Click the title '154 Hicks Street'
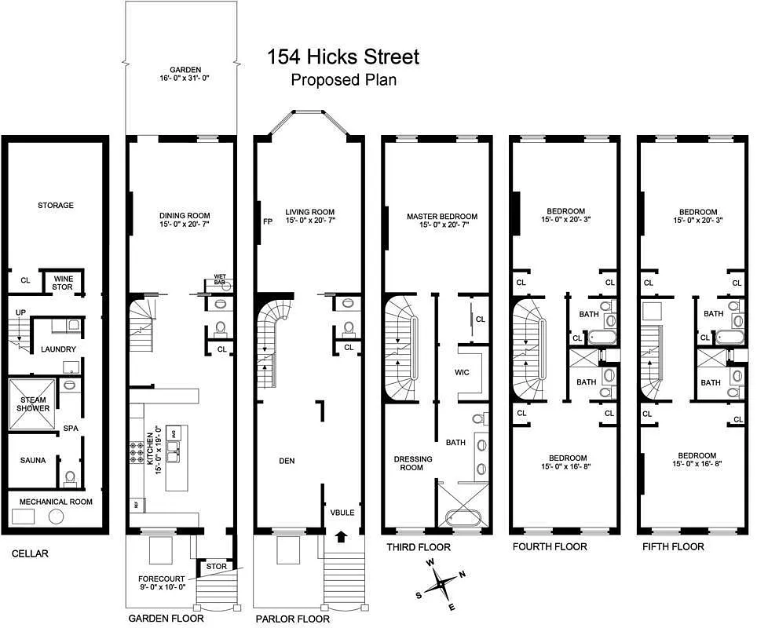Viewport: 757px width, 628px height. (343, 57)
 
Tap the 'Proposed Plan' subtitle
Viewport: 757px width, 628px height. (343, 79)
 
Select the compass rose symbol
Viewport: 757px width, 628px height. (443, 583)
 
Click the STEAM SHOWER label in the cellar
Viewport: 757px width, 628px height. (34, 403)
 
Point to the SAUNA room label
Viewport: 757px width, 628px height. (33, 461)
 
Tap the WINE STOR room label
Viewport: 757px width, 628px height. (63, 282)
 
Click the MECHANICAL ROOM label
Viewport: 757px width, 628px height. (55, 502)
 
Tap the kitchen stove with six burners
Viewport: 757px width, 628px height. (136, 452)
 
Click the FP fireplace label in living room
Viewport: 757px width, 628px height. (267, 221)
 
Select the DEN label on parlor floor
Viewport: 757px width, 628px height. (287, 461)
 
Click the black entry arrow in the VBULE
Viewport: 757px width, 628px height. (342, 538)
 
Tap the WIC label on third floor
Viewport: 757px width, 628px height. (463, 372)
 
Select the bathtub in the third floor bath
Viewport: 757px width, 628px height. (457, 518)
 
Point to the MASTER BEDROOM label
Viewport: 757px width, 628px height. (442, 221)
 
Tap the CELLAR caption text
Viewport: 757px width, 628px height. (30, 553)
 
